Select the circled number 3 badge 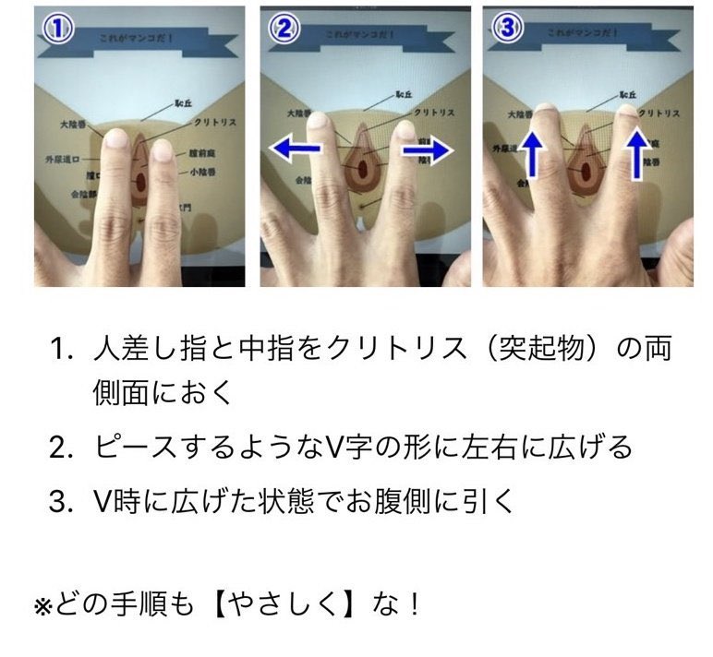coord(507,30)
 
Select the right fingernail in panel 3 coord(630,113)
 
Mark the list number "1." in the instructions coord(61,352)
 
